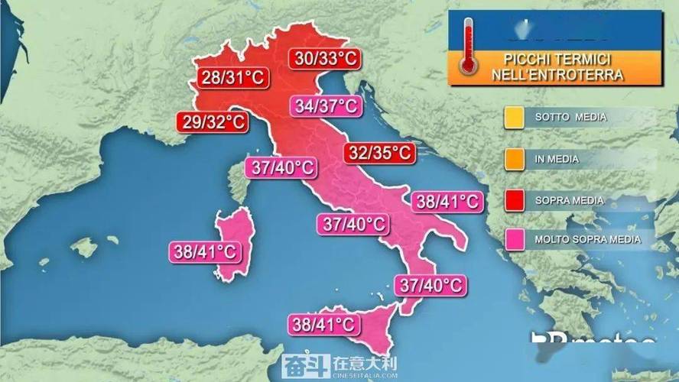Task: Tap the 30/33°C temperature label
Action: pyautogui.click(x=323, y=58)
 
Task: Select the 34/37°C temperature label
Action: pyautogui.click(x=326, y=106)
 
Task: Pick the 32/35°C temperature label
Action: pyautogui.click(x=378, y=153)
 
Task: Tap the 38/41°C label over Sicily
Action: pyautogui.click(x=323, y=324)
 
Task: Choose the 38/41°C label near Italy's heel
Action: pyautogui.click(x=447, y=202)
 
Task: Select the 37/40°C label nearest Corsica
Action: pyautogui.click(x=280, y=168)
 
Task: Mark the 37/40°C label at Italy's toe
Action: pyautogui.click(x=430, y=286)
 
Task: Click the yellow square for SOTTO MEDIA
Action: pyautogui.click(x=513, y=118)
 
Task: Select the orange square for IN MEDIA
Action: pyautogui.click(x=513, y=159)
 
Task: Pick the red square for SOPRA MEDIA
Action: pyautogui.click(x=513, y=200)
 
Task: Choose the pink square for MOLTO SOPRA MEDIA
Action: pyautogui.click(x=513, y=241)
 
